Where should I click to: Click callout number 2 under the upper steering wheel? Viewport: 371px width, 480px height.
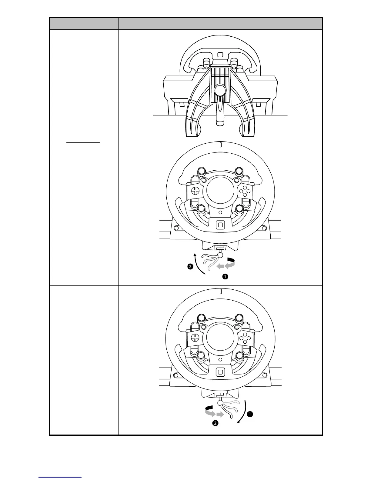coord(190,267)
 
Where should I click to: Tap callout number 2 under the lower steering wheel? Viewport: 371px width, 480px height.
coord(215,423)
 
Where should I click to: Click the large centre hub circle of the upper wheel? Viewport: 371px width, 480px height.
coord(220,192)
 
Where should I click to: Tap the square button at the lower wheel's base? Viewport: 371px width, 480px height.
coord(220,372)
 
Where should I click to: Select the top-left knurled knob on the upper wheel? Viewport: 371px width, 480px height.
coord(201,172)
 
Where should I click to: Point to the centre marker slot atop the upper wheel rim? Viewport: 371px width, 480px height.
coord(221,145)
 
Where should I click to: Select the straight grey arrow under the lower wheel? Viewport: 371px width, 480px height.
coord(220,414)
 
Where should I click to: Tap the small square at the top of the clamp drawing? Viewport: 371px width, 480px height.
coord(220,55)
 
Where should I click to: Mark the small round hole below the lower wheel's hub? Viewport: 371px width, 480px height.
coord(220,359)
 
